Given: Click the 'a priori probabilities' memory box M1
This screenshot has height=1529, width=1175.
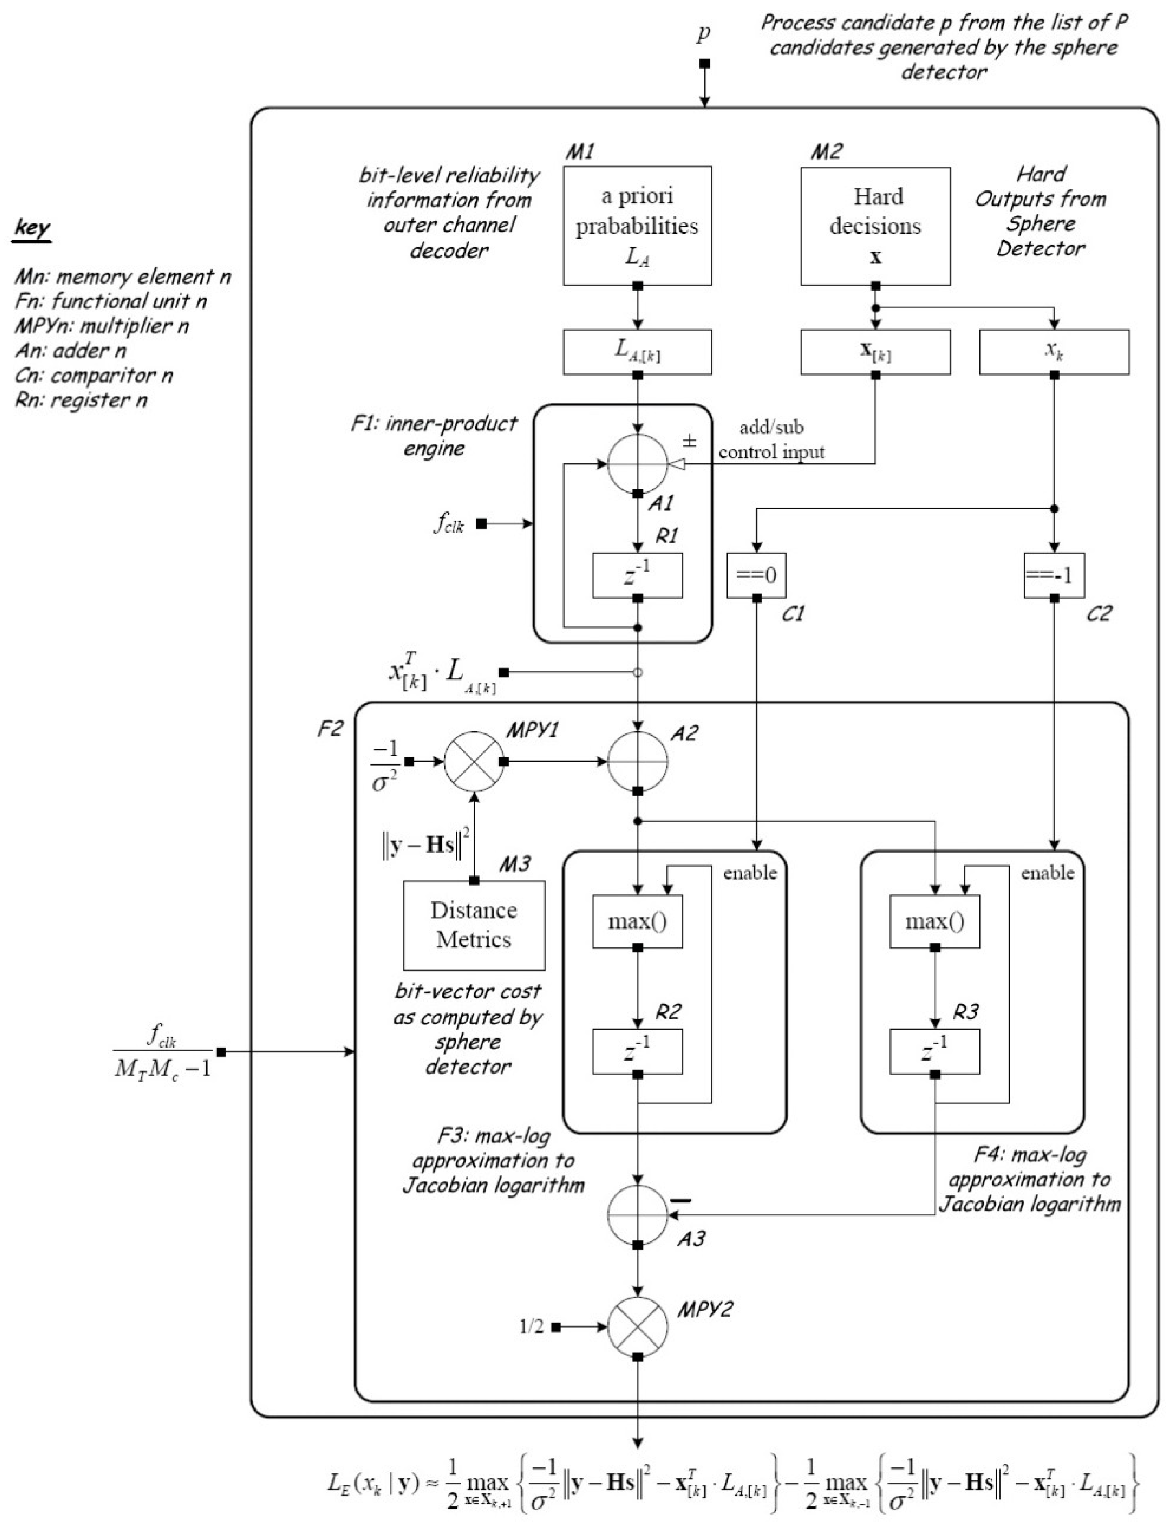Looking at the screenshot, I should (x=637, y=225).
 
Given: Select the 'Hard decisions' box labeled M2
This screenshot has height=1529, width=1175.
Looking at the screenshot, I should (x=875, y=225).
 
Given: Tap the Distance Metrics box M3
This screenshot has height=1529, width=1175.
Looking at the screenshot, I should (x=473, y=924).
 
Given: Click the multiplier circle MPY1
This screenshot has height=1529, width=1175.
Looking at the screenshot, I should (x=474, y=761).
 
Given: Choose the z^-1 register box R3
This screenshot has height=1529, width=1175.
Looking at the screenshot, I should (x=935, y=1051).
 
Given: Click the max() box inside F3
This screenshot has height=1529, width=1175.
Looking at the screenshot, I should (x=637, y=921).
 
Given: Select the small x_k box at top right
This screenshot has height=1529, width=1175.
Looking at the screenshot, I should (x=1054, y=352).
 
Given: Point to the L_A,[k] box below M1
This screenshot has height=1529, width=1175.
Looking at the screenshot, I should (x=637, y=352).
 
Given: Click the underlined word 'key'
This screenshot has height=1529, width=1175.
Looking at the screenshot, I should (x=32, y=229).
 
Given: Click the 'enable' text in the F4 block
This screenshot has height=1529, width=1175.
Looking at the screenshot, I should (x=1047, y=873).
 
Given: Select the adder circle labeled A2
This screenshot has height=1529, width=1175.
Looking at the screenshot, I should (x=637, y=761).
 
